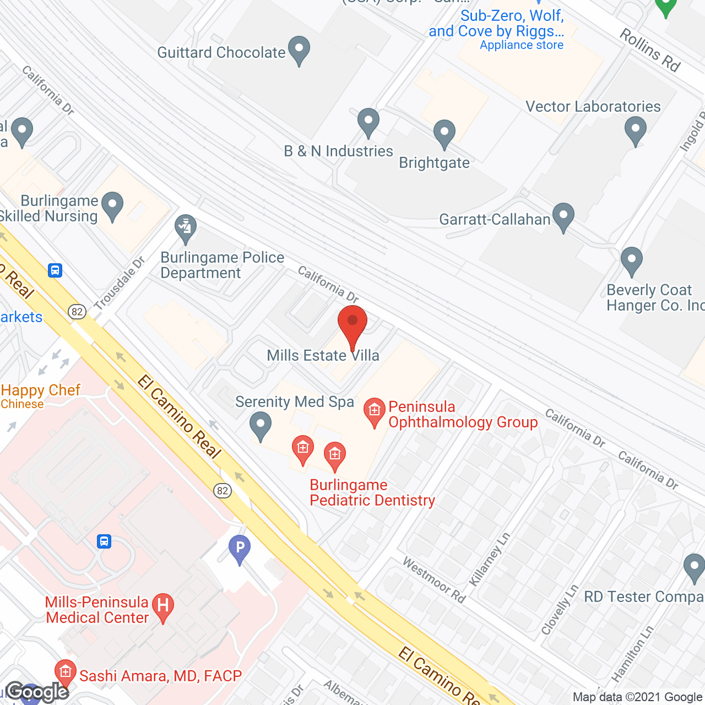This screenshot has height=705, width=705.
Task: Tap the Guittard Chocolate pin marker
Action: coord(299,50)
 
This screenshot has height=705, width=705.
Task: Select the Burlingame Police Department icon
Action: coord(186,228)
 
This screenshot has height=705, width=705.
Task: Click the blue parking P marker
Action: coord(240,549)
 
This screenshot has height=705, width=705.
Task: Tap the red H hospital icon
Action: coord(163,606)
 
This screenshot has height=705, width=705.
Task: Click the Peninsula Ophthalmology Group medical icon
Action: coord(375,411)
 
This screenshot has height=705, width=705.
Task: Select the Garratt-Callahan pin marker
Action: coord(563,216)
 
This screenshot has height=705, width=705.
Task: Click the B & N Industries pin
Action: coord(368,122)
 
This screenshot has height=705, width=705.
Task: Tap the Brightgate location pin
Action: coord(444,134)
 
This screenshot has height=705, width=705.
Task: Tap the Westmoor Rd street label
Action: coord(434,579)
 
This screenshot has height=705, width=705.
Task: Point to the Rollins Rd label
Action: coord(650,50)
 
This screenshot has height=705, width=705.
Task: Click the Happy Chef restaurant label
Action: coord(41,390)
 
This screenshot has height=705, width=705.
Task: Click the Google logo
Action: coord(37,692)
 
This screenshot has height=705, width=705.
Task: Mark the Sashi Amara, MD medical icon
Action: coord(66,673)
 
